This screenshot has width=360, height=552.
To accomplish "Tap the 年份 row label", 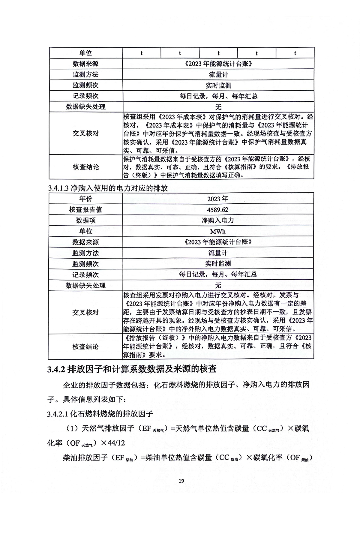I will [x=85, y=199].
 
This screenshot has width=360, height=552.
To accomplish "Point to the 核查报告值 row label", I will [x=85, y=210].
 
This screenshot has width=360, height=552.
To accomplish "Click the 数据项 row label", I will [x=85, y=220].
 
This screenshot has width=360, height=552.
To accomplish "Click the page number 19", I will [x=181, y=481].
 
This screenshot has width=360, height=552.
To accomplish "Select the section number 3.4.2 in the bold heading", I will [x=56, y=369].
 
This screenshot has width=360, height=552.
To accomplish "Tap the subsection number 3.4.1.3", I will [x=58, y=188].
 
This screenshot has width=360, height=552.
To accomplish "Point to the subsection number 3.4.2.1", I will [x=58, y=414].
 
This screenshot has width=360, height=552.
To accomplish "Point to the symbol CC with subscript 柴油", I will [x=229, y=458].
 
